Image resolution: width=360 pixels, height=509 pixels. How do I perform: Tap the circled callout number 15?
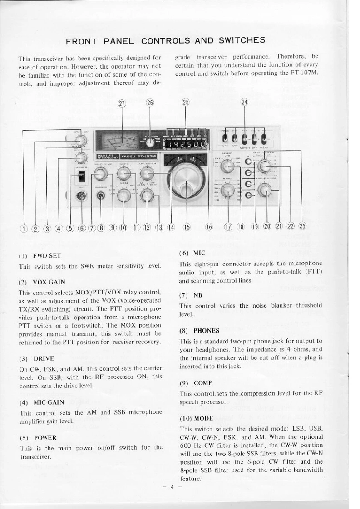[186, 227]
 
